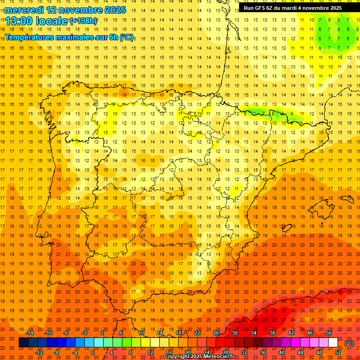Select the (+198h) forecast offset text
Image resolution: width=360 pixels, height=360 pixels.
point(83,21)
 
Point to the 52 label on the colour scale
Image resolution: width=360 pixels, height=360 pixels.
point(337,352)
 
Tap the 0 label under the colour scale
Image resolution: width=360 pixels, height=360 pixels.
point(93,352)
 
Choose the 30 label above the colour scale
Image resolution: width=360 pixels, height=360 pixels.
point(235,333)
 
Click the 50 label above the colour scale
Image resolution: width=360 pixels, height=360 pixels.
point(328,333)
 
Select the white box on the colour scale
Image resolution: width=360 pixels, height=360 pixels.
point(333,343)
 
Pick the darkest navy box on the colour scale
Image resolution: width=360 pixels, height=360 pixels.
point(23,343)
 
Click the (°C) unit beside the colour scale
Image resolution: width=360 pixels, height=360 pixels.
point(349,343)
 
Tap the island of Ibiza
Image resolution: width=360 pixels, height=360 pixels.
point(285,228)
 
